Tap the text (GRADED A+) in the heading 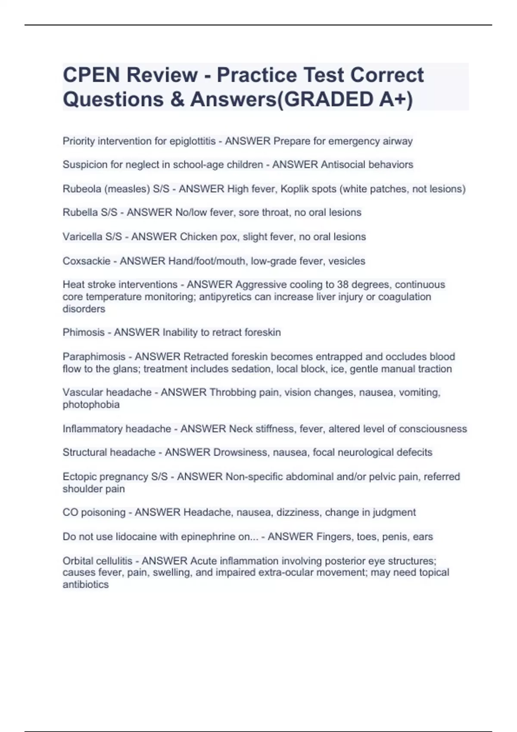point(344,99)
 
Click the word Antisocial point(343,164)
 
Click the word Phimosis point(83,332)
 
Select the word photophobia point(91,404)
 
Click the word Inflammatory point(95,429)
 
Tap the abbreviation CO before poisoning point(70,512)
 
